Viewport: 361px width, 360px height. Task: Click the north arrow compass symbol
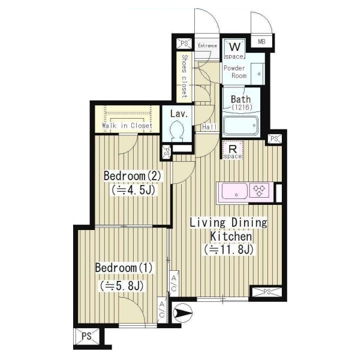(182, 313)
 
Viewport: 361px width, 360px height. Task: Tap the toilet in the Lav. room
(176, 131)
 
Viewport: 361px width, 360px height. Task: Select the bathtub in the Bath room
(240, 126)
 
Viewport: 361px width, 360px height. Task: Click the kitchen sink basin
(234, 190)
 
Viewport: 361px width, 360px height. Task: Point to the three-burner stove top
(259, 190)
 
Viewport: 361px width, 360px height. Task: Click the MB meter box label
(261, 42)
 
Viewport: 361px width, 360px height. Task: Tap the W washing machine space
(234, 49)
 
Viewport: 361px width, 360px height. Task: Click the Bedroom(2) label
(133, 176)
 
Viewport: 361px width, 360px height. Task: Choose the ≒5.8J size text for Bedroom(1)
(122, 286)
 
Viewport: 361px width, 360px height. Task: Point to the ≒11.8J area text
(228, 250)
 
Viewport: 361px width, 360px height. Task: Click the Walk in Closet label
(127, 126)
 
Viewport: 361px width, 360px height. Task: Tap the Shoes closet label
(185, 76)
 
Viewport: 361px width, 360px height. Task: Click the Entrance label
(207, 46)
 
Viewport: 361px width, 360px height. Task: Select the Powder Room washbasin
(258, 74)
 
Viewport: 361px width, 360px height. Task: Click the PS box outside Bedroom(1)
(86, 336)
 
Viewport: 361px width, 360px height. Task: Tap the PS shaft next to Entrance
(184, 43)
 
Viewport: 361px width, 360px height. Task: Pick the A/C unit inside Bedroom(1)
(162, 310)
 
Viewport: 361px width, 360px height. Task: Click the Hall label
(209, 127)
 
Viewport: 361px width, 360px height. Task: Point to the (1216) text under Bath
(242, 107)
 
